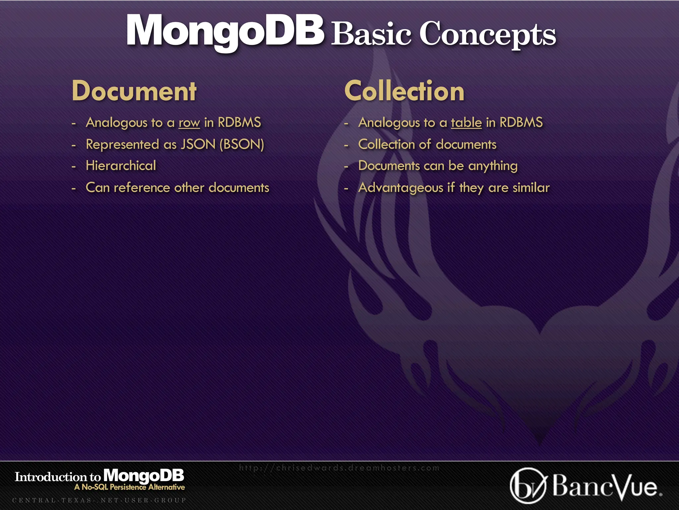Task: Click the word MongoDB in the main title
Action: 225,32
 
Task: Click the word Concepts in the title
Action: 488,34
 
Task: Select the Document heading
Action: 134,91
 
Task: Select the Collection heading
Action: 404,91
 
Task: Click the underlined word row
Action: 189,123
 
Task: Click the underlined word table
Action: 466,123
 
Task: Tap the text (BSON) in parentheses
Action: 242,144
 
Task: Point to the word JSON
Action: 198,144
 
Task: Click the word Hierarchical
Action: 121,166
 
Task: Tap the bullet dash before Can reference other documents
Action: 74,188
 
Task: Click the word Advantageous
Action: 401,188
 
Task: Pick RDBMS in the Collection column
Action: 521,123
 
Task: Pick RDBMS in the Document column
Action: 239,123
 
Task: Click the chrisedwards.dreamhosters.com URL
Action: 339,468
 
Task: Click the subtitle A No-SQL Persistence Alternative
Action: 130,487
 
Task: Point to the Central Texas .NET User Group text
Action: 99,500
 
